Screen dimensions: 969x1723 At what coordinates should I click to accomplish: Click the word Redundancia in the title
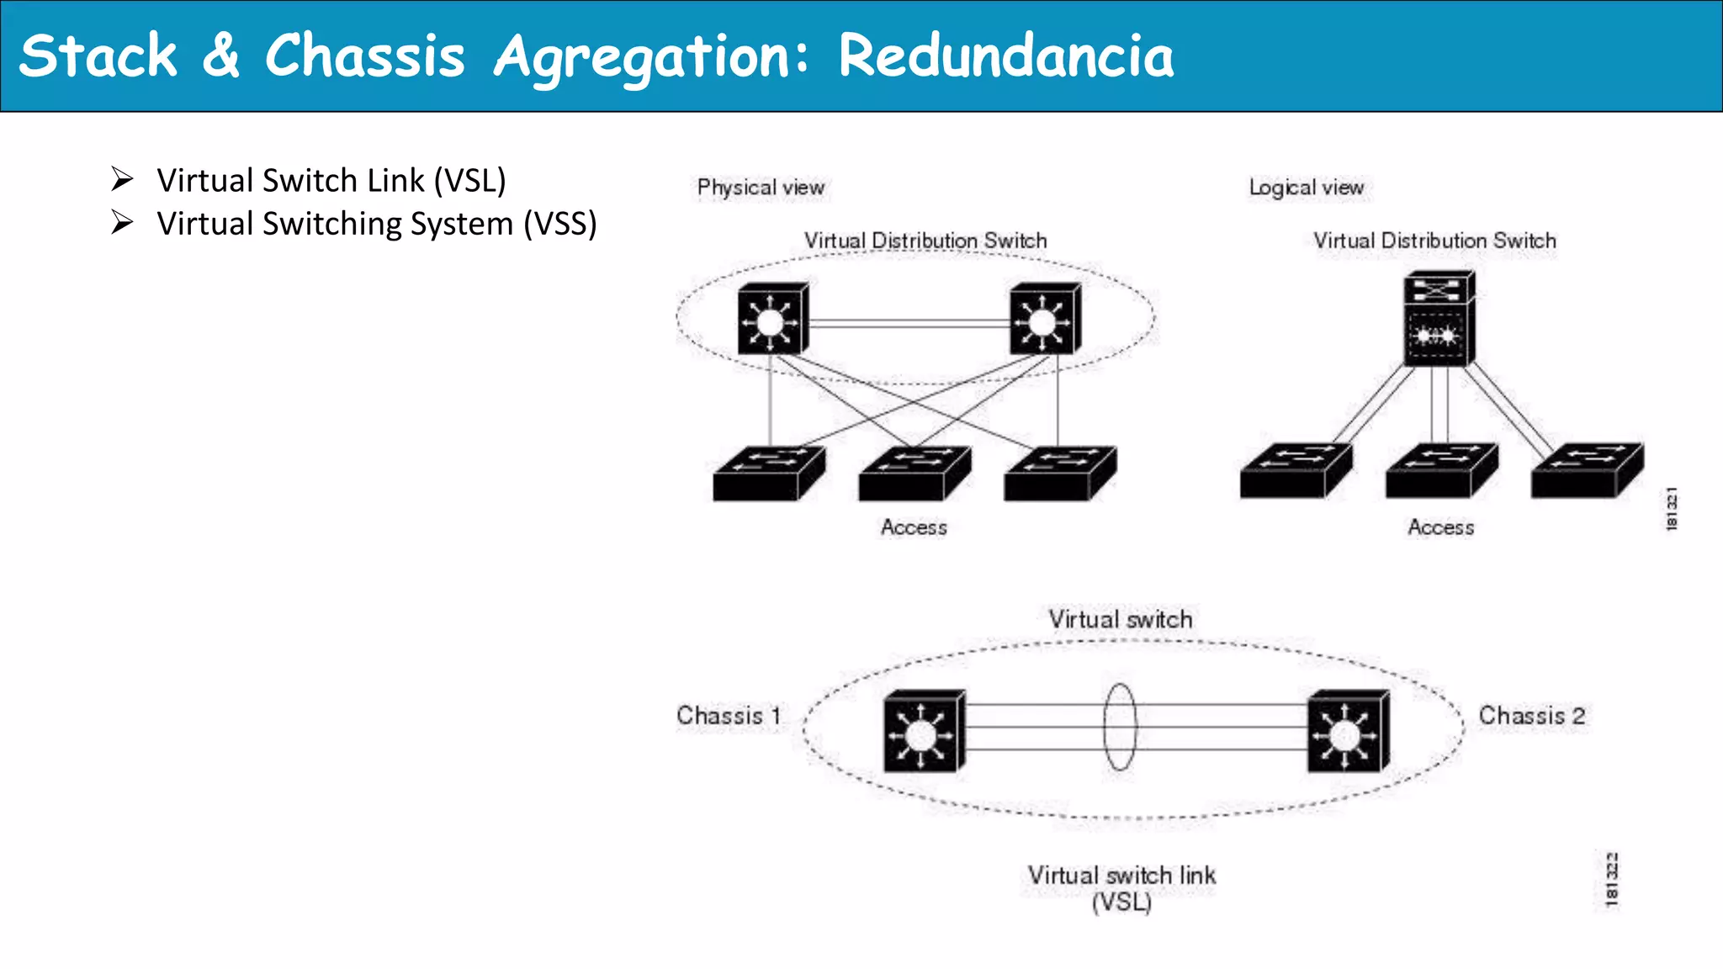[1005, 56]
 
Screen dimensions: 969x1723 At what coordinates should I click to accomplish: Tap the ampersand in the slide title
[220, 56]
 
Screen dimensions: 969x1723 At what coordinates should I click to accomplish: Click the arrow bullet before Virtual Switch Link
[123, 179]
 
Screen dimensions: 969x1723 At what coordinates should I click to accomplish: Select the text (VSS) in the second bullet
[559, 224]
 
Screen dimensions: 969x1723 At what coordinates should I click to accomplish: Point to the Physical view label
[761, 188]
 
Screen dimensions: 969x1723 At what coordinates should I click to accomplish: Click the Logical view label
[1306, 188]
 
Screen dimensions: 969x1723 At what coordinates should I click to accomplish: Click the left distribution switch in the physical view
[772, 320]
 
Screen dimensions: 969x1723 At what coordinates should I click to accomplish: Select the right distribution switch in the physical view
[1044, 320]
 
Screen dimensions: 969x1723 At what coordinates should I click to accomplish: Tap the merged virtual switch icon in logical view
[1438, 320]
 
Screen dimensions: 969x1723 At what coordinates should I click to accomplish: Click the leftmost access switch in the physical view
[767, 474]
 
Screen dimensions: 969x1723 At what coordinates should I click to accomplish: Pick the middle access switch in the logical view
[1440, 471]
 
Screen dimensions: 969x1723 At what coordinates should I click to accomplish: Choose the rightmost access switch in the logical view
[1586, 471]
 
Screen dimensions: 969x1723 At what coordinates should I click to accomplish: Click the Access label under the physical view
[914, 527]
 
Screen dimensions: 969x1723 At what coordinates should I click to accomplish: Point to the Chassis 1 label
[729, 716]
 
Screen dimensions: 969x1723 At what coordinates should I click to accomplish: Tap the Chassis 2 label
[1532, 716]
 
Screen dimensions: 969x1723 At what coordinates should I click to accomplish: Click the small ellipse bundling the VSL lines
[1120, 728]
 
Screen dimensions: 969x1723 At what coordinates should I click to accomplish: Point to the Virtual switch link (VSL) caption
[1121, 888]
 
